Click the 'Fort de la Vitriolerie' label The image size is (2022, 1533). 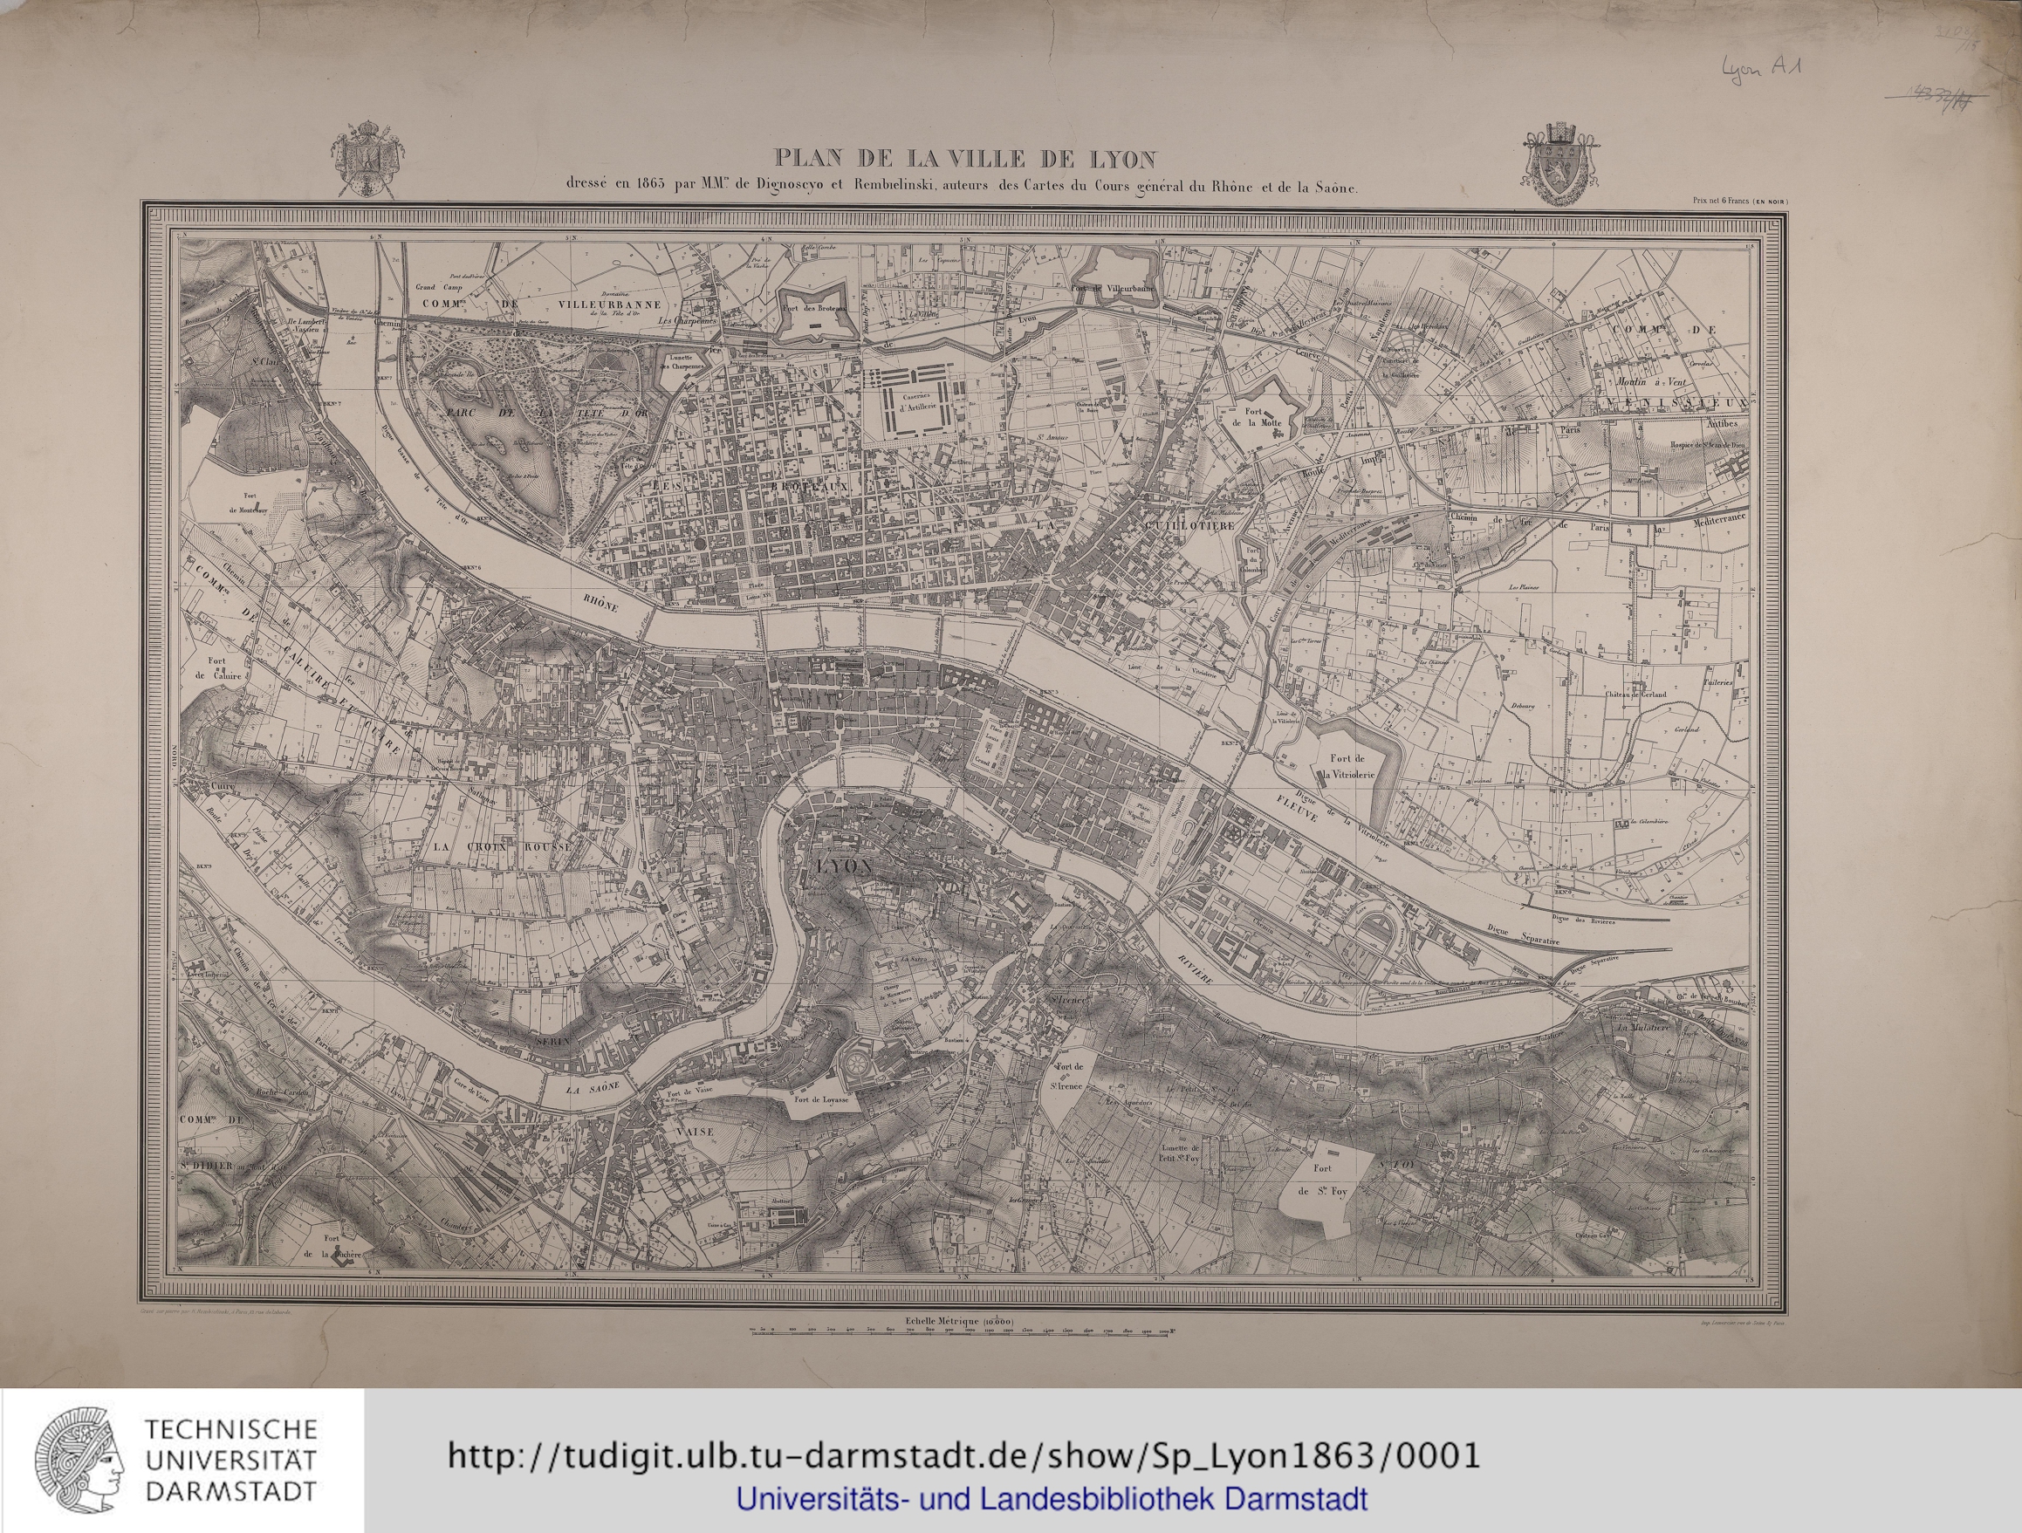1347,765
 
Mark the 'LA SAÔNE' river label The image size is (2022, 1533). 592,1088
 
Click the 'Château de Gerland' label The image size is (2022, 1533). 1635,694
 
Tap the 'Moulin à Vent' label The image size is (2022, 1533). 1642,380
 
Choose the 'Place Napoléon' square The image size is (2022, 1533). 1137,815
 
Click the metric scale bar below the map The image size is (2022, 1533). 962,1334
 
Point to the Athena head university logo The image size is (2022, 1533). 79,1459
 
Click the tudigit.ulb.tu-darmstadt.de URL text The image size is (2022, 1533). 963,1454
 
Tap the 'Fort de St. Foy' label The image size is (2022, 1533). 1323,1180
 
